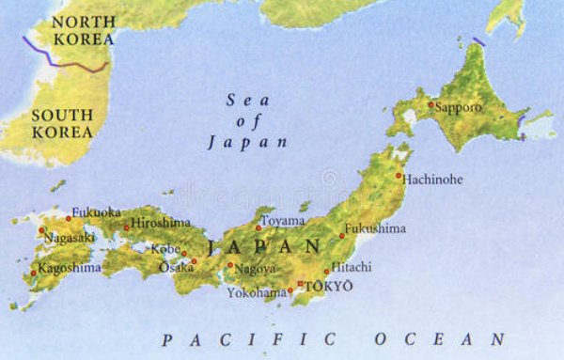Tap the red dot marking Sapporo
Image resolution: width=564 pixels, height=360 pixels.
tap(431, 104)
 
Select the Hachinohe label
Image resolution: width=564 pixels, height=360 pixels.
tap(432, 180)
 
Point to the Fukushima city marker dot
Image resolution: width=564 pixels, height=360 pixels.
tap(342, 236)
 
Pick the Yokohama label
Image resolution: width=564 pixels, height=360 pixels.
tap(257, 292)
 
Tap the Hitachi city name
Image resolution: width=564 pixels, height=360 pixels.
tap(352, 267)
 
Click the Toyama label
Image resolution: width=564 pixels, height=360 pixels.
tap(283, 221)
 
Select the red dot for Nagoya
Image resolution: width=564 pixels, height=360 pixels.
tap(230, 265)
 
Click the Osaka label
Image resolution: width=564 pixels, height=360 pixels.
tap(176, 268)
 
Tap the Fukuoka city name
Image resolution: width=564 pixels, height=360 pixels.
tap(96, 211)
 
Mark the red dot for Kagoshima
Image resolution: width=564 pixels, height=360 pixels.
tap(34, 274)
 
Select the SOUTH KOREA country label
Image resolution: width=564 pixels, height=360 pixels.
tap(62, 124)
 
